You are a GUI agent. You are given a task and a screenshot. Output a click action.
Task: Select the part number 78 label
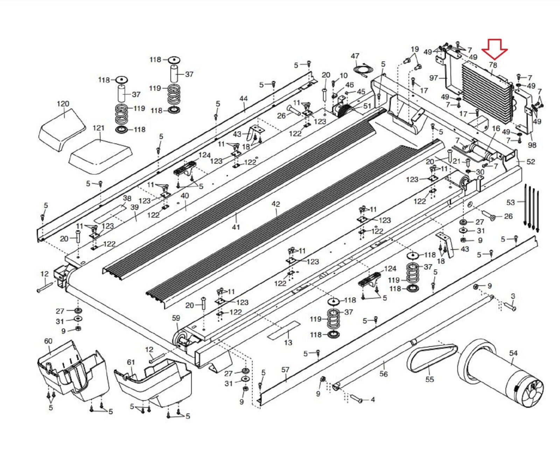tap(493, 65)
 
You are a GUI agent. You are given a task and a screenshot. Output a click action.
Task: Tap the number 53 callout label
tap(511, 203)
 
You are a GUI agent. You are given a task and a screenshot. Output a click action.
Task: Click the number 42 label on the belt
tap(275, 204)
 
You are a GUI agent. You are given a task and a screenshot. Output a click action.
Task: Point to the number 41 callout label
tap(236, 227)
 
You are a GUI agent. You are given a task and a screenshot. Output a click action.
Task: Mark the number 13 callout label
tap(288, 342)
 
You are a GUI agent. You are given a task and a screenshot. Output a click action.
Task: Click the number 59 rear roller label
tap(176, 318)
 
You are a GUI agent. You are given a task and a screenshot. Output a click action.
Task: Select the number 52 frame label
tap(531, 162)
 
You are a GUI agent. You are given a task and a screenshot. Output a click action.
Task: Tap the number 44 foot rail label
tap(244, 98)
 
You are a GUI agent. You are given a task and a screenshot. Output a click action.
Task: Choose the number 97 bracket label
tap(434, 78)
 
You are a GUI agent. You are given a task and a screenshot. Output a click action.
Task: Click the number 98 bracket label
tap(532, 145)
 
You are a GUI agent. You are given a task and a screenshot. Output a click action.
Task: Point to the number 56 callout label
tap(384, 374)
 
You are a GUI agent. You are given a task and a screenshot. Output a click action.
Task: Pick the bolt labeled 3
tap(510, 306)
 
